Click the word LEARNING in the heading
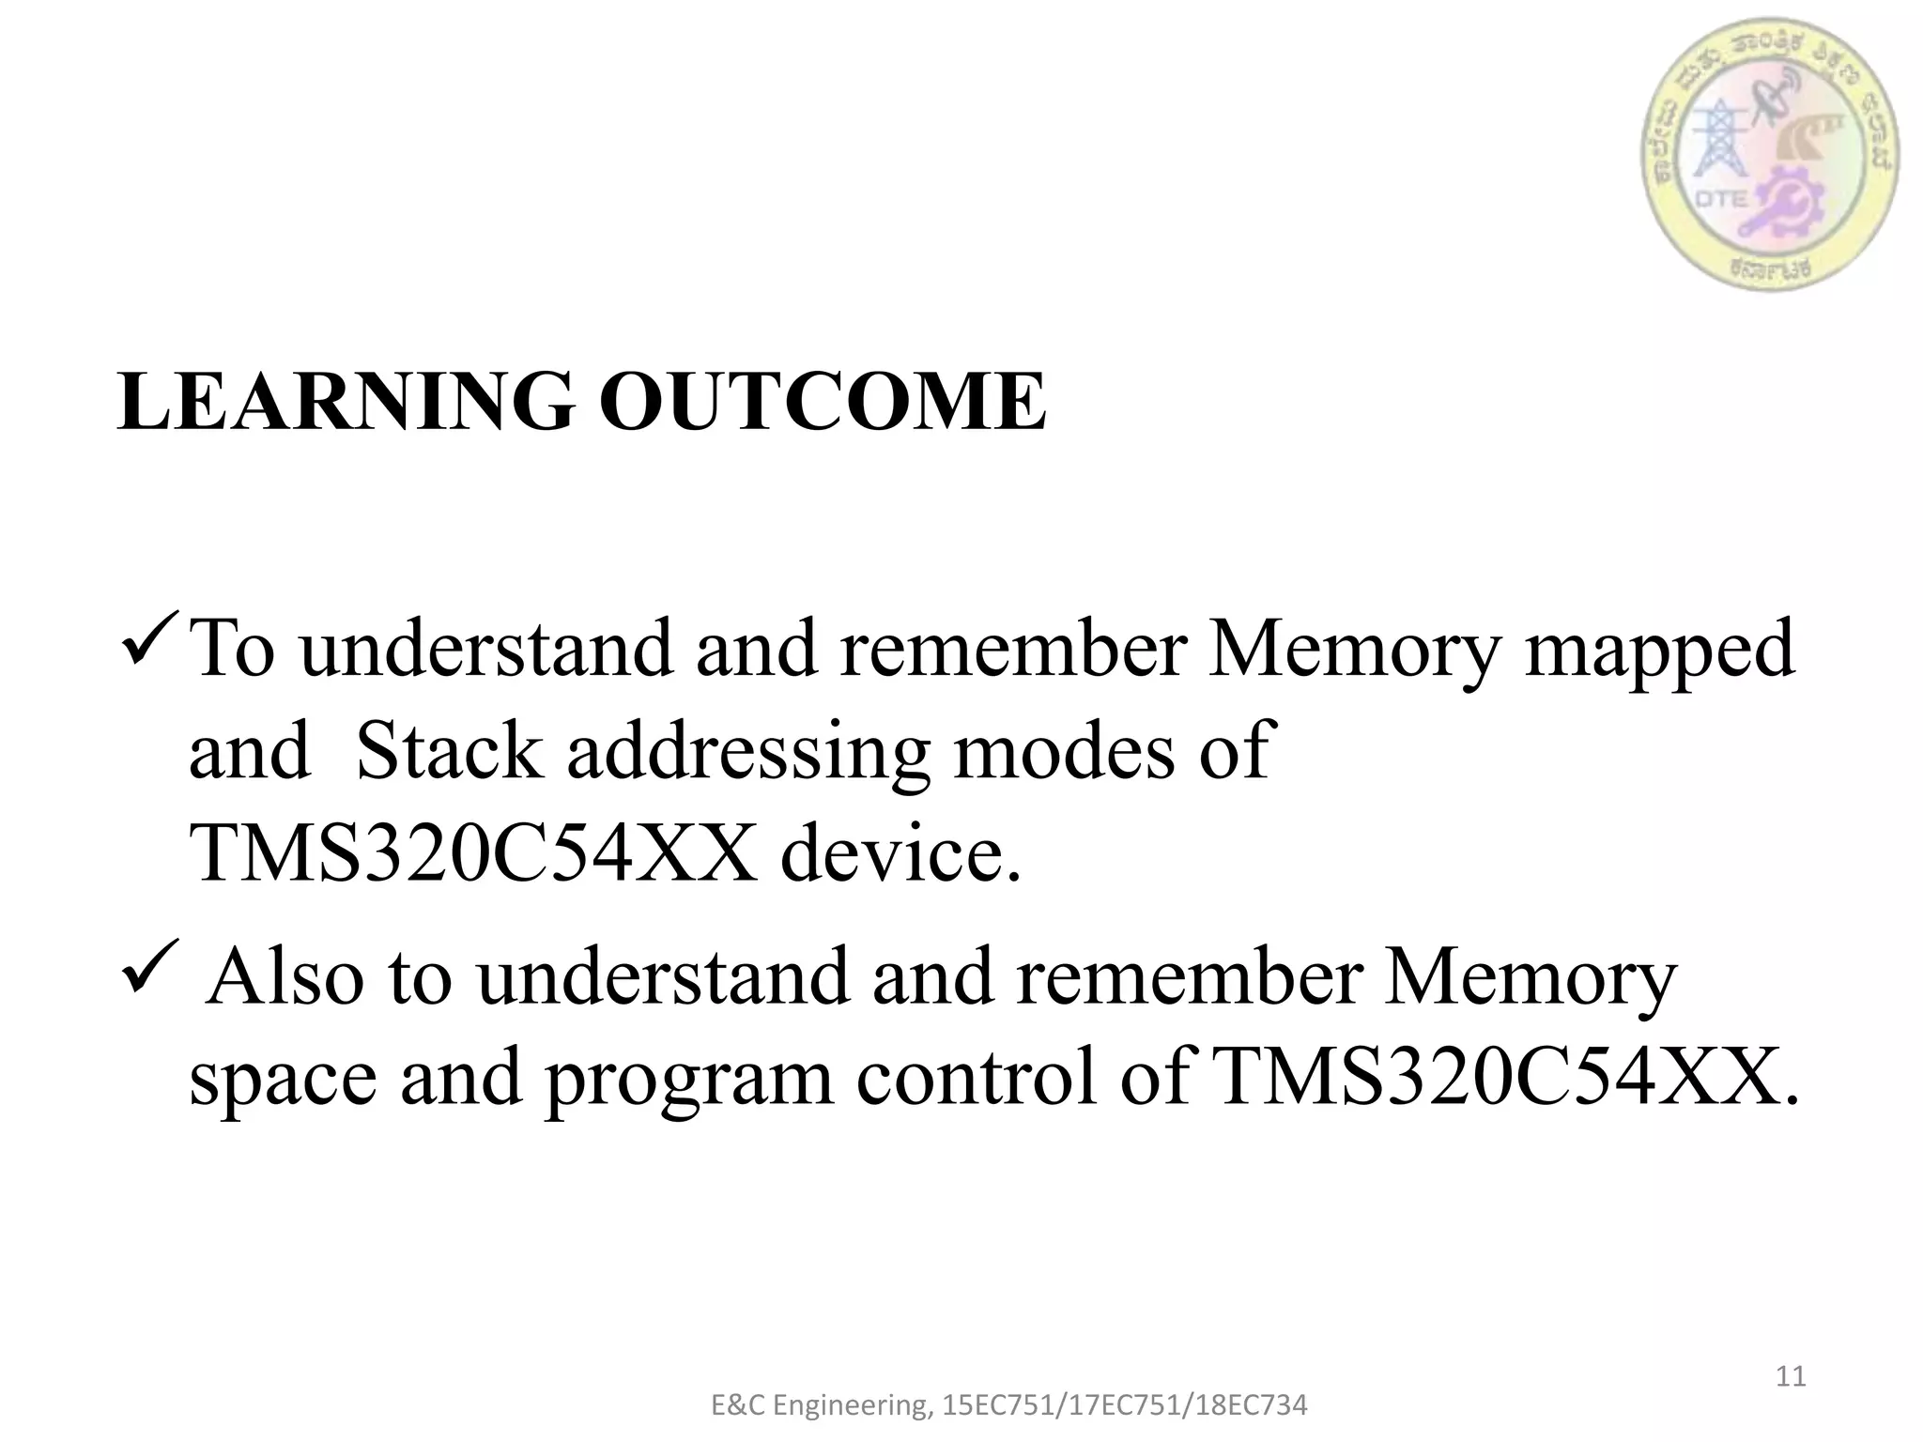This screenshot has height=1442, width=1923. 346,403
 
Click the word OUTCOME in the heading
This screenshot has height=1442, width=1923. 823,403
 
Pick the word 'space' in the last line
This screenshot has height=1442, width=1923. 282,1080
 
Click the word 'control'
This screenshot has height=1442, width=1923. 977,1080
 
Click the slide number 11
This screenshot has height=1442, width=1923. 1791,1376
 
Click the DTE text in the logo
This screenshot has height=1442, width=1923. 1722,199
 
